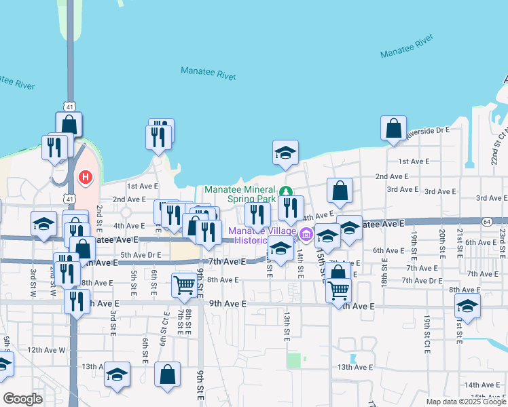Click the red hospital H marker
click(86, 178)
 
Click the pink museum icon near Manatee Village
click(306, 235)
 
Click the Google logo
click(22, 399)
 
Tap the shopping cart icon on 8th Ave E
click(184, 286)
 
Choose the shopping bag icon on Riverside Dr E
click(393, 128)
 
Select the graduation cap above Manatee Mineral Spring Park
click(285, 153)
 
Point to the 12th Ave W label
click(46, 350)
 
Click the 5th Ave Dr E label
click(141, 255)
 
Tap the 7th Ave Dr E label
click(422, 280)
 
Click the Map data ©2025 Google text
click(466, 402)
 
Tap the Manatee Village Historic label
click(261, 235)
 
